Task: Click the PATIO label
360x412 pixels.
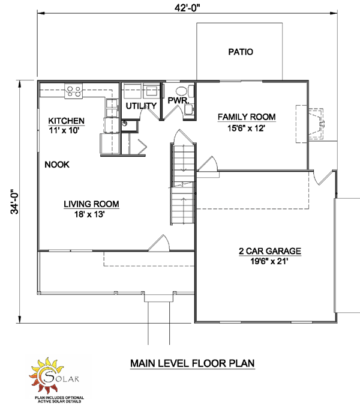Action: click(x=241, y=52)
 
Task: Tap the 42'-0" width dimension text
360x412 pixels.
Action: click(x=187, y=8)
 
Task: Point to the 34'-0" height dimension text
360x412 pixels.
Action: click(x=14, y=202)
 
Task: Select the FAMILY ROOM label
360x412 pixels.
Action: click(x=247, y=117)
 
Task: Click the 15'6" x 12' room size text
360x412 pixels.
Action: click(x=246, y=129)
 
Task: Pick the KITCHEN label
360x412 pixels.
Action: click(x=66, y=121)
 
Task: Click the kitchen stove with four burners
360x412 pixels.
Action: click(x=74, y=91)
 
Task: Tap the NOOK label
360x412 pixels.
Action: click(x=57, y=165)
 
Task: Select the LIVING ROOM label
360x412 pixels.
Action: click(x=91, y=204)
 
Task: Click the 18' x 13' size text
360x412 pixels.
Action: click(x=89, y=214)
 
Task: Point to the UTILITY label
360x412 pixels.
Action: click(x=141, y=106)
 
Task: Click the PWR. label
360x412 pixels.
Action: click(x=178, y=100)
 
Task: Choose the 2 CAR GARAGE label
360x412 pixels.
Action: click(x=270, y=251)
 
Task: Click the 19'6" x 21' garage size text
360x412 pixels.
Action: click(x=269, y=261)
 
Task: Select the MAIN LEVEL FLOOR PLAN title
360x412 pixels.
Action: click(x=193, y=363)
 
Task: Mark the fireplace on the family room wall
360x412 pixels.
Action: click(x=310, y=124)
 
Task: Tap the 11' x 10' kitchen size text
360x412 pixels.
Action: click(x=64, y=130)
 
